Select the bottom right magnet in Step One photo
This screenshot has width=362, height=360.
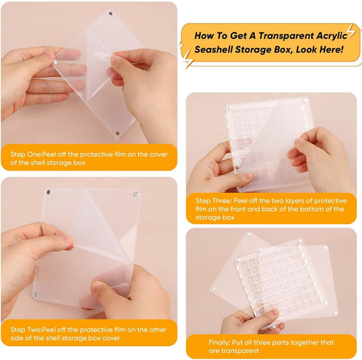[x=117, y=133]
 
